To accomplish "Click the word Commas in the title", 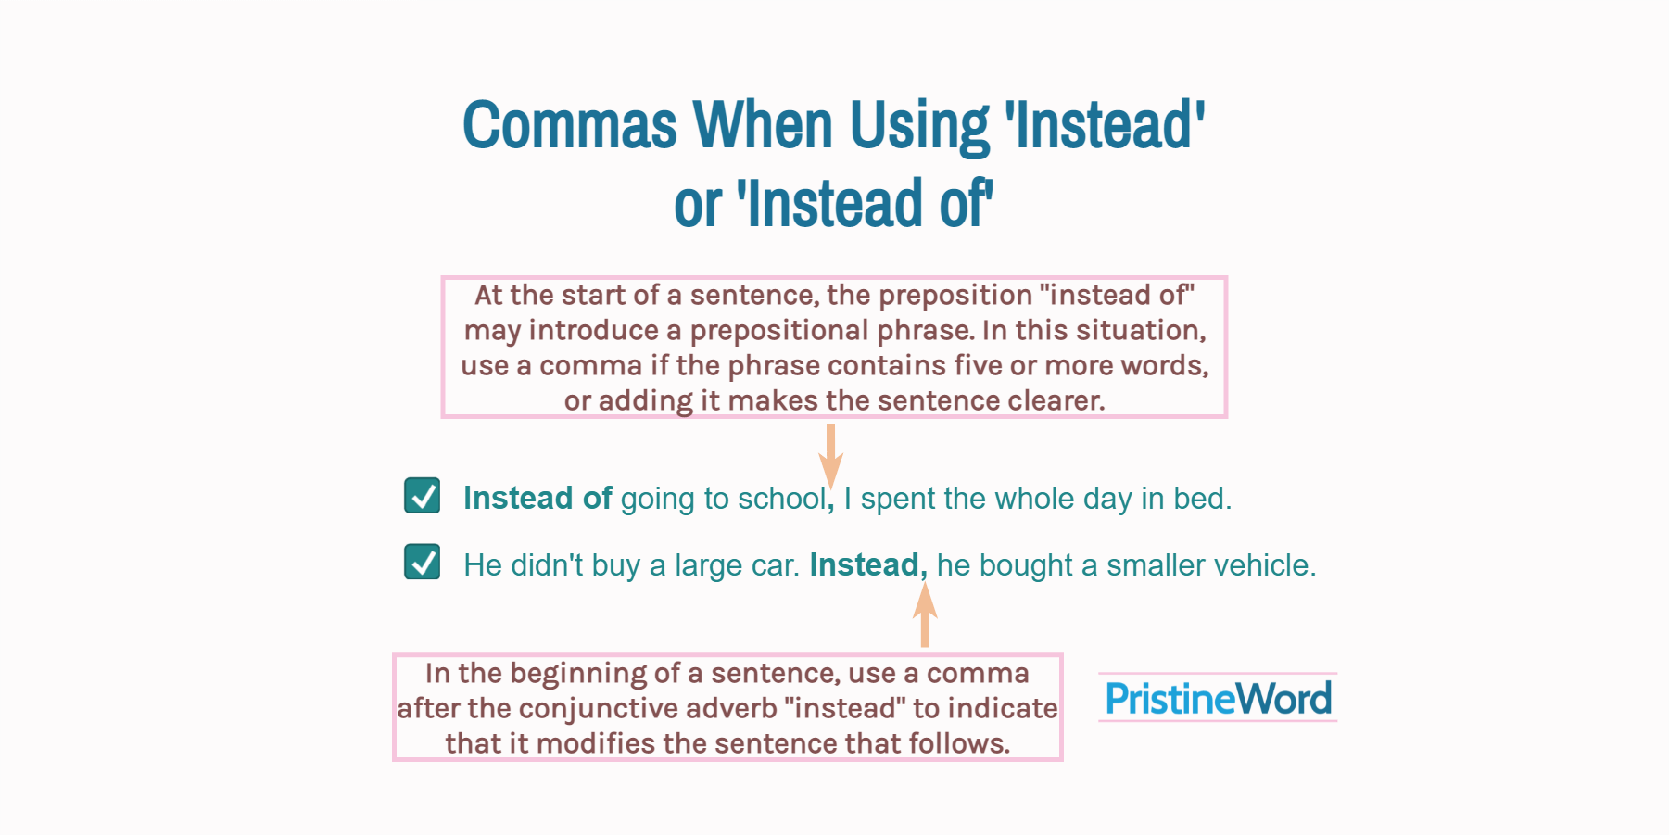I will tap(569, 125).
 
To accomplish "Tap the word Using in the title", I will tap(918, 125).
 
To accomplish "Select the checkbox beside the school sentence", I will tap(423, 496).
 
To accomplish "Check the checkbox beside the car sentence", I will tap(423, 562).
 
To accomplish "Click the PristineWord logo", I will tap(1218, 698).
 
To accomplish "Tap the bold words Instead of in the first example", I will tap(537, 499).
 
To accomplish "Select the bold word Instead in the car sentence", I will tap(864, 564).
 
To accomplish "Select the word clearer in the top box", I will tap(1055, 400).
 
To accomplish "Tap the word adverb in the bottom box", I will tap(731, 708).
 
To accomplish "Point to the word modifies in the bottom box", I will tap(595, 743).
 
